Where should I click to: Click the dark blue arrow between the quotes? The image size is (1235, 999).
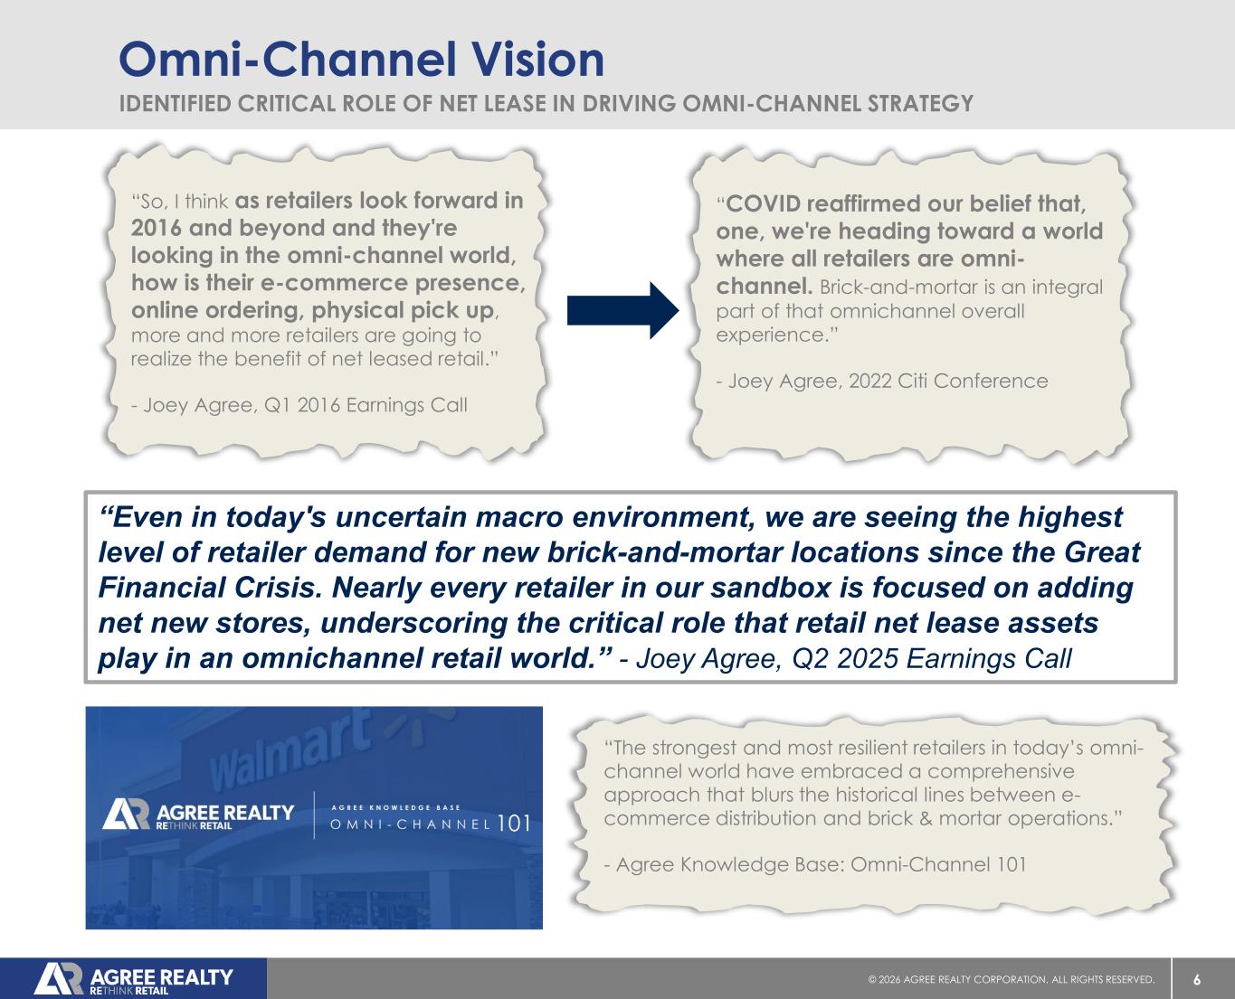click(622, 310)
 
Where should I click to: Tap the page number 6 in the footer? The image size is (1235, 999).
click(1197, 980)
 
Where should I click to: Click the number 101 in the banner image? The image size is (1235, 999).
click(514, 824)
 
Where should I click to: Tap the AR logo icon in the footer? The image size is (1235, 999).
click(59, 979)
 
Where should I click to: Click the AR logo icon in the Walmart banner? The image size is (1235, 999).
click(126, 815)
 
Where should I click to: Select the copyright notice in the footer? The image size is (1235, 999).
click(1012, 980)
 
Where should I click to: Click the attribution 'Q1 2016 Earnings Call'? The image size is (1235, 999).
click(366, 404)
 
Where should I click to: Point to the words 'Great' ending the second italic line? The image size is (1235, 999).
click(1102, 552)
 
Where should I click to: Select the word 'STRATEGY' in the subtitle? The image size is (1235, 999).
click(921, 103)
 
